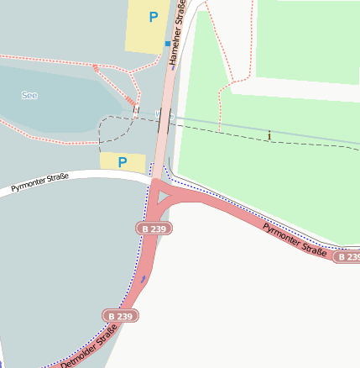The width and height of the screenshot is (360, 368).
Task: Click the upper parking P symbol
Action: [153, 17]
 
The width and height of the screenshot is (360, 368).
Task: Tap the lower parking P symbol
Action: [123, 162]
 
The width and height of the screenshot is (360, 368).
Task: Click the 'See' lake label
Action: [29, 96]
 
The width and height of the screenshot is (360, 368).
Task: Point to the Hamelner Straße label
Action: [175, 33]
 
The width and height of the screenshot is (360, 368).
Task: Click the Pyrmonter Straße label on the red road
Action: [293, 239]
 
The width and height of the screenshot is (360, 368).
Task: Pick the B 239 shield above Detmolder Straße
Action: [121, 316]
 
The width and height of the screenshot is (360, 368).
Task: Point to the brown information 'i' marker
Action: [269, 134]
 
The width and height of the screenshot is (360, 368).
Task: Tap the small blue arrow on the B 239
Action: [143, 278]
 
